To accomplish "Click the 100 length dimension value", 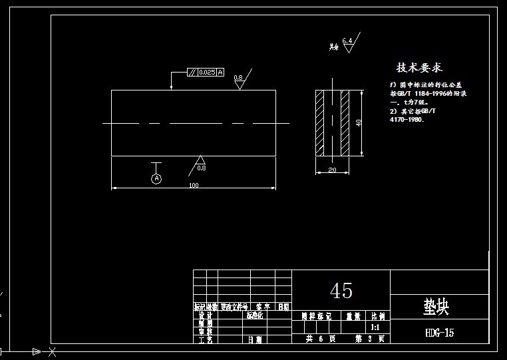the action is click(x=194, y=185).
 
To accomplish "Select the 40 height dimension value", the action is click(x=359, y=123).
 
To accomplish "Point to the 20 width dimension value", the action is click(x=332, y=170).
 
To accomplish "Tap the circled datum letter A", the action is click(x=157, y=178).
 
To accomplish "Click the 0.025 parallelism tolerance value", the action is click(x=207, y=72).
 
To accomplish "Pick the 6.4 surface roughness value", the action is click(x=347, y=41).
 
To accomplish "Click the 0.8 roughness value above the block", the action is click(x=238, y=78).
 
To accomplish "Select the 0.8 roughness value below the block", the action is click(x=202, y=168).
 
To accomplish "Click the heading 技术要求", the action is click(x=419, y=67).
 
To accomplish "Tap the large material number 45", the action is click(x=341, y=290).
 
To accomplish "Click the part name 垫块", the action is click(x=436, y=307).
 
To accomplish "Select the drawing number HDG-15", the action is click(x=439, y=333).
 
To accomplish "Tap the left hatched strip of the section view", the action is click(x=320, y=123).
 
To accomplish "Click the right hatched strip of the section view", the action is click(x=345, y=123).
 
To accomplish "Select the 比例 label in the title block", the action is click(x=377, y=317).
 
